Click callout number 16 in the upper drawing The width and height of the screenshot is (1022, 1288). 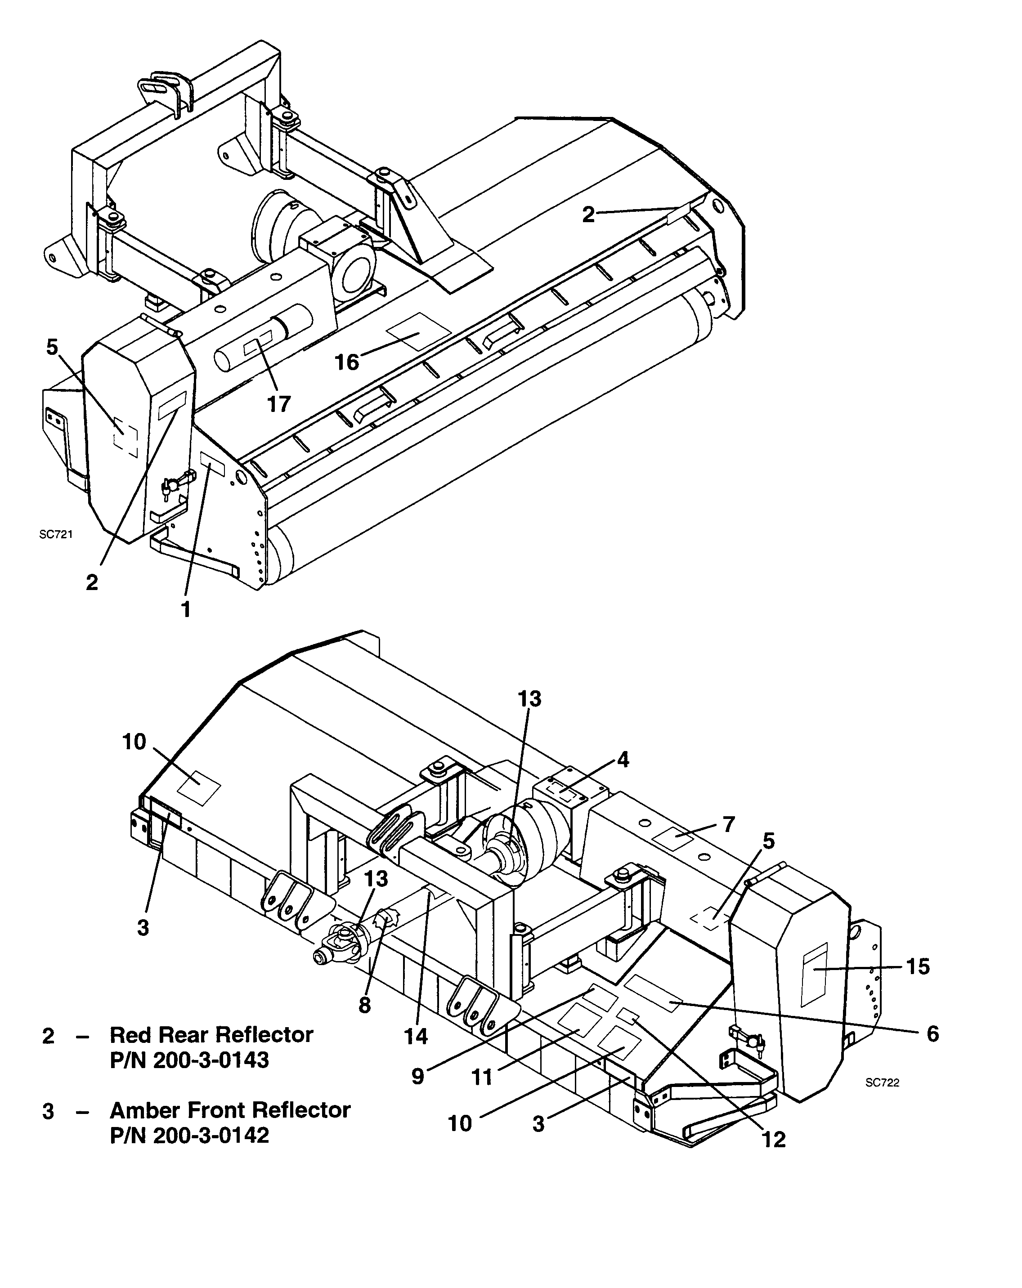347,362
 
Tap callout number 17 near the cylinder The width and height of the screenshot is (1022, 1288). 278,404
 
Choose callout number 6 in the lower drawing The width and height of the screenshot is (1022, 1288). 933,1033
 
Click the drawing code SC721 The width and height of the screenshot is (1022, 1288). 56,535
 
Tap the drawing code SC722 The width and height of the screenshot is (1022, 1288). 882,1082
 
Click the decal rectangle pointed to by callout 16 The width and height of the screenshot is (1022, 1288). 418,331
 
